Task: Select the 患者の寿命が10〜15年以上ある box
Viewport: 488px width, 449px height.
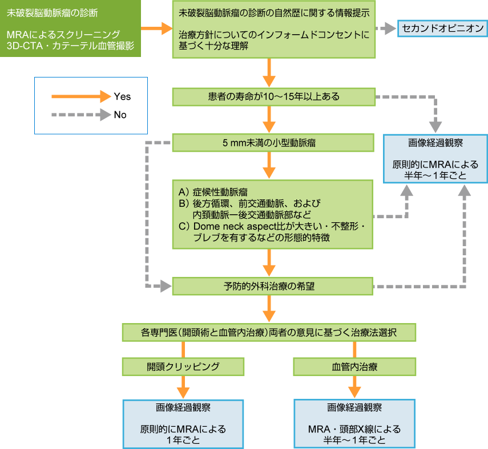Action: point(273,97)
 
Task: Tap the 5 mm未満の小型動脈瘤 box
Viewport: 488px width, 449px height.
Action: point(273,142)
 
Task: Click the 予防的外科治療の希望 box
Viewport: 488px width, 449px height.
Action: point(273,285)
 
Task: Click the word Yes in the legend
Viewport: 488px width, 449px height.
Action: point(122,96)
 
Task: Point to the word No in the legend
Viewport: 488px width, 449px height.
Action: point(120,115)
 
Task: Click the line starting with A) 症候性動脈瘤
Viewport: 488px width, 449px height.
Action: point(213,190)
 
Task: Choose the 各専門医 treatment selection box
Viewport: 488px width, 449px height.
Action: point(269,332)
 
